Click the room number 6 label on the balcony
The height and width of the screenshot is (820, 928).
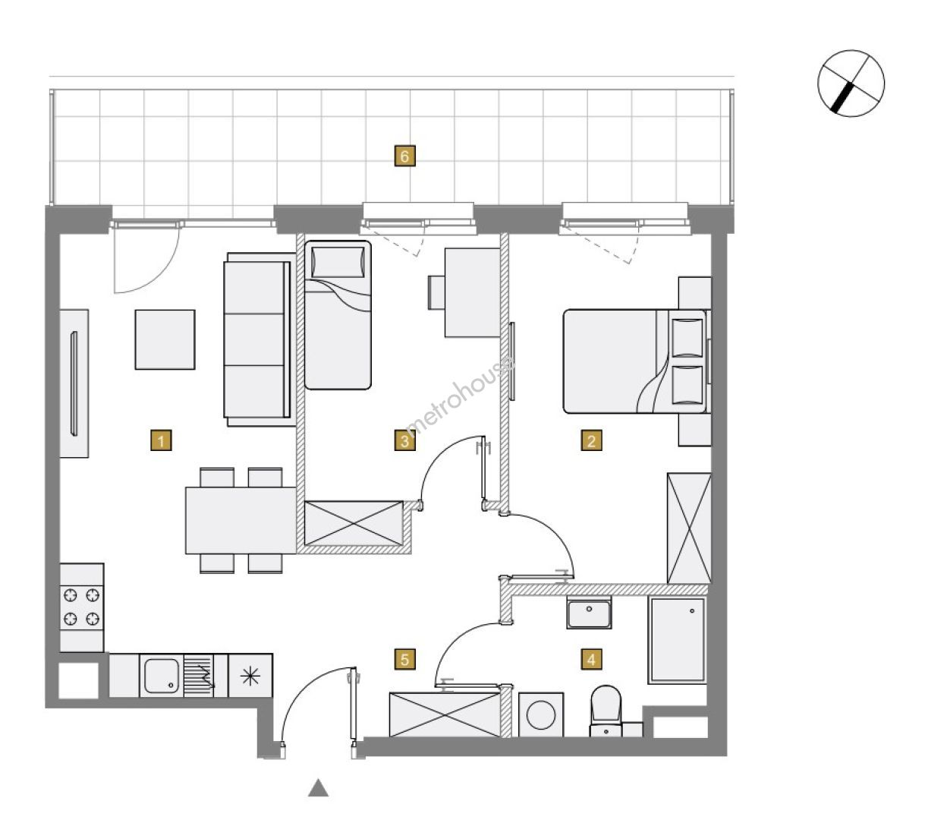[404, 156]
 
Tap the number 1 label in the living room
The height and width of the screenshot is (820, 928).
[161, 440]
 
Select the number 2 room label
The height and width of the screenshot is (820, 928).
[591, 440]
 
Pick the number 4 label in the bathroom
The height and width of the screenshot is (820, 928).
[591, 659]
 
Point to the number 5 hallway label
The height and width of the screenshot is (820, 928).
[404, 659]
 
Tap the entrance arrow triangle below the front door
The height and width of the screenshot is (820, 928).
[318, 787]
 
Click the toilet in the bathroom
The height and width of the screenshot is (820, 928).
[606, 710]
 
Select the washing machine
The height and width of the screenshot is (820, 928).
[540, 714]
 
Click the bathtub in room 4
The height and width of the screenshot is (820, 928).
[677, 640]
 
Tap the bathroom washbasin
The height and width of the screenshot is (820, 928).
[589, 613]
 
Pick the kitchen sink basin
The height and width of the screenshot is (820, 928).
[161, 676]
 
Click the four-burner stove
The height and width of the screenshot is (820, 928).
[81, 607]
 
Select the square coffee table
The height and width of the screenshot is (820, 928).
[165, 339]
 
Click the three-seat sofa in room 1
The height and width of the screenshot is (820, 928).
[259, 339]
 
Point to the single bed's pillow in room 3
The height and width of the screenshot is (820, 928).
[338, 262]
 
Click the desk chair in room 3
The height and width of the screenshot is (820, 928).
[436, 292]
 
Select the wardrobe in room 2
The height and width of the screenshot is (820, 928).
[688, 528]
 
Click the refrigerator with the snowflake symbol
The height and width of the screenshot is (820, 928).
[250, 676]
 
